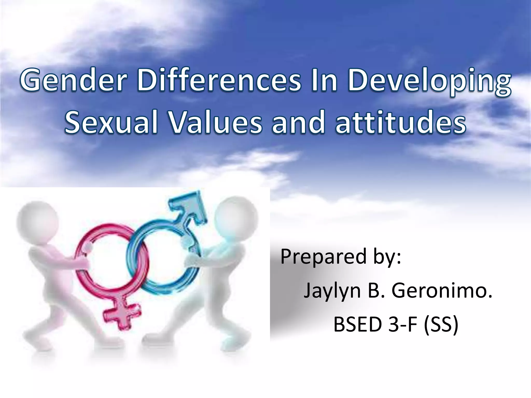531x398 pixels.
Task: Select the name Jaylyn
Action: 332,291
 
